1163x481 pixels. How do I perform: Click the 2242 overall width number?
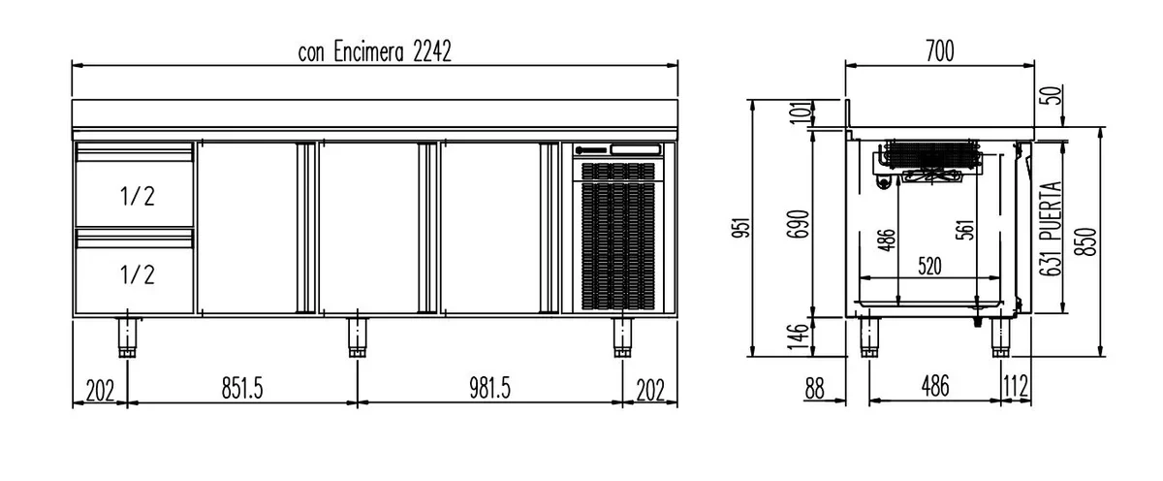(432, 51)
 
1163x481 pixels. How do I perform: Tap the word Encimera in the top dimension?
(368, 51)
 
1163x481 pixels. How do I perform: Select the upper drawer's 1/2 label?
(137, 196)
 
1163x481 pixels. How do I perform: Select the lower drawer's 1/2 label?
(137, 274)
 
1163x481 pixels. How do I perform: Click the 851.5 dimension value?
(242, 388)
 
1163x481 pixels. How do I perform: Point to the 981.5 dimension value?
(490, 388)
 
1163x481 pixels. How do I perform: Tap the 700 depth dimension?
(940, 50)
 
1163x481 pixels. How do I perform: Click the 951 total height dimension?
(741, 228)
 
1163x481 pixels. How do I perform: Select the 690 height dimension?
(798, 224)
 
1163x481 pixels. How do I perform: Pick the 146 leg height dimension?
(798, 337)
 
